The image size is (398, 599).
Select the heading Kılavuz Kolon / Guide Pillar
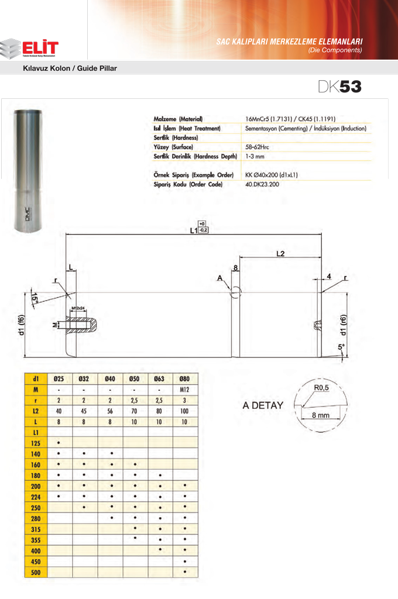point(70,68)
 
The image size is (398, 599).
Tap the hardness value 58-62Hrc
point(262,147)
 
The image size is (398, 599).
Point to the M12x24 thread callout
point(78,307)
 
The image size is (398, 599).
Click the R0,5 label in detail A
point(322,387)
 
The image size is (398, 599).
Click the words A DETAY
point(263,405)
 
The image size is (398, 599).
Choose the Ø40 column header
point(110,378)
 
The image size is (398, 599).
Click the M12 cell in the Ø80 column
point(185,389)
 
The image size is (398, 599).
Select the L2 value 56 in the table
point(110,411)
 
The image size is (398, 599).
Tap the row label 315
point(36,528)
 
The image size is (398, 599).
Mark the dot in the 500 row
point(185,572)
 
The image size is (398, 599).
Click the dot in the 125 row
point(59,443)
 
